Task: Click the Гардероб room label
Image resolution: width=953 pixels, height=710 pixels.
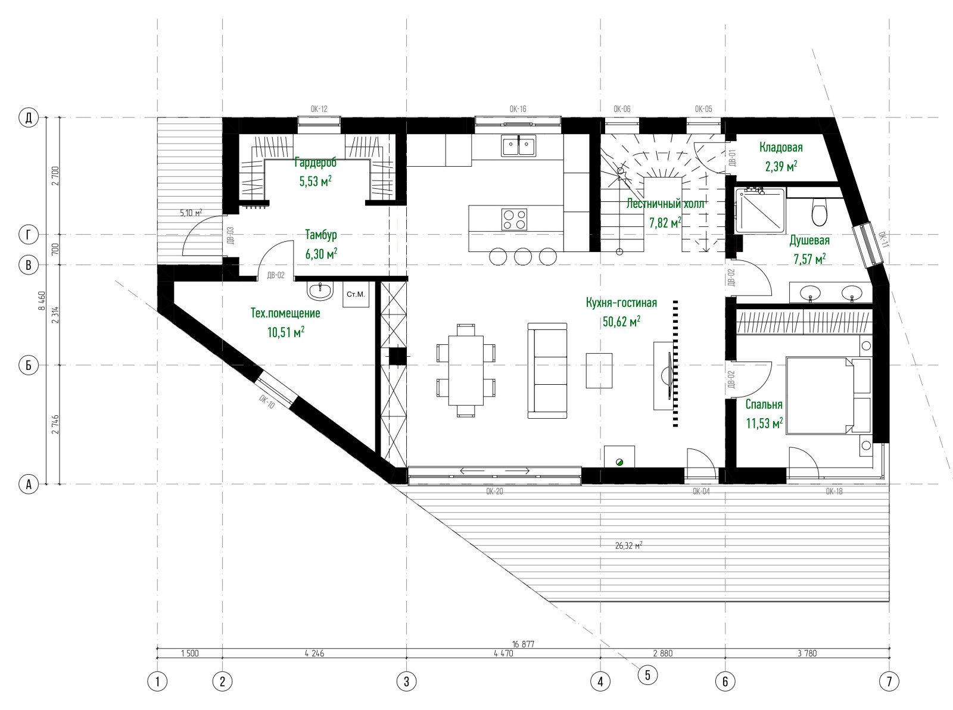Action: click(x=315, y=163)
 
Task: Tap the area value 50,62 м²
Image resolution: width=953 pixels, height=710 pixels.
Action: click(x=621, y=322)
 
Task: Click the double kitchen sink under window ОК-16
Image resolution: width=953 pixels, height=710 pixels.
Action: click(x=518, y=145)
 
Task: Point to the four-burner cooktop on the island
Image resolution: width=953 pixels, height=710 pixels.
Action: click(x=514, y=220)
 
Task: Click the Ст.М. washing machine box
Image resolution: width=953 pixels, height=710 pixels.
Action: click(x=356, y=294)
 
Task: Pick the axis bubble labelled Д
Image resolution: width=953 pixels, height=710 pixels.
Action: click(x=29, y=117)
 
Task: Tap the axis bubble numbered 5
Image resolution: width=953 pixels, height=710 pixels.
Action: click(x=647, y=675)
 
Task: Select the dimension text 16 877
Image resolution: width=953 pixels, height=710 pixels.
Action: click(x=523, y=644)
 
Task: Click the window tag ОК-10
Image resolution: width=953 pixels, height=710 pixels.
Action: click(x=266, y=402)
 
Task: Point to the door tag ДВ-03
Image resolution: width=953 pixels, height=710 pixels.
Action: click(x=231, y=235)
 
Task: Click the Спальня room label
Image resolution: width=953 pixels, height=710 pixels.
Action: click(x=764, y=404)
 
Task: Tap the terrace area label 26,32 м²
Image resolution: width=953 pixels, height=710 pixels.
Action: click(x=628, y=546)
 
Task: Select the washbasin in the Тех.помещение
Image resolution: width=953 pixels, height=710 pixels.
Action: click(x=320, y=291)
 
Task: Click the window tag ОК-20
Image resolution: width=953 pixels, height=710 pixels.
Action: click(x=494, y=491)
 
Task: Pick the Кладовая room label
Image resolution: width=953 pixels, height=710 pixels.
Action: click(x=781, y=147)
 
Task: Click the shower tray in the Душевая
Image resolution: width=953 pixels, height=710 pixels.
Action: click(x=761, y=209)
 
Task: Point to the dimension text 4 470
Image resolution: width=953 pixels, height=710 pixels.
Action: click(x=503, y=653)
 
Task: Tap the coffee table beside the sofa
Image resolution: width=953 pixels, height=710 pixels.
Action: click(x=599, y=370)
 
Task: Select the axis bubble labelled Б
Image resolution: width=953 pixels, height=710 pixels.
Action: click(x=29, y=365)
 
